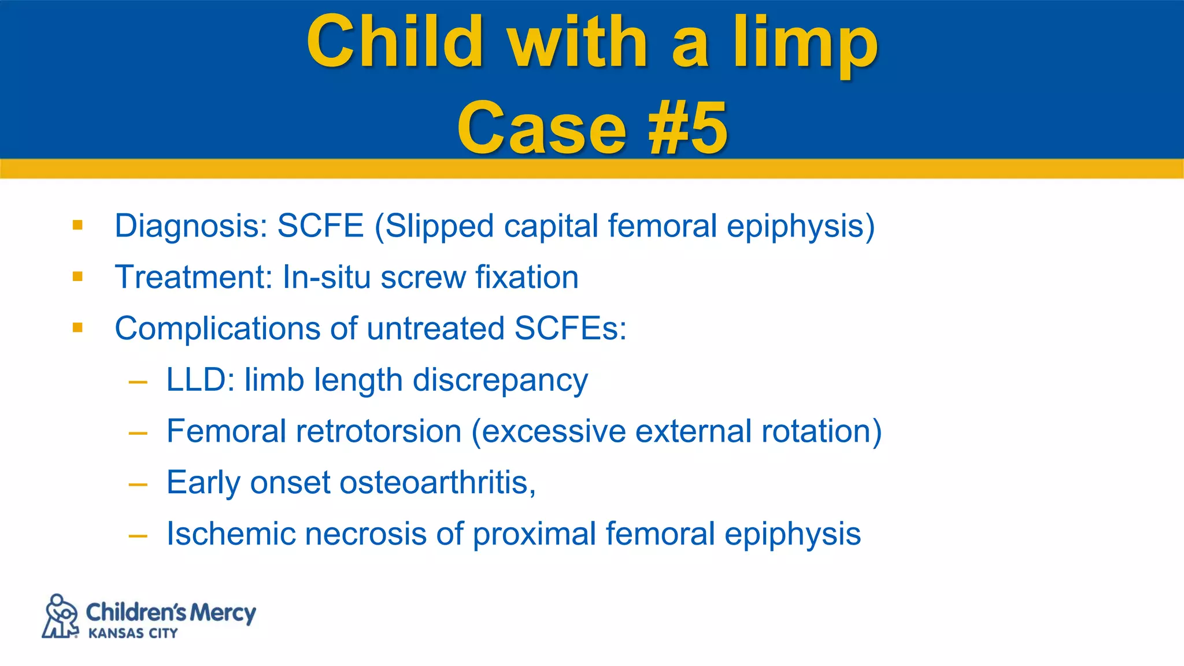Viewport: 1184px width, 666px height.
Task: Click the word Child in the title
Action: click(x=395, y=42)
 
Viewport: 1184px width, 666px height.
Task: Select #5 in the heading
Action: click(x=687, y=128)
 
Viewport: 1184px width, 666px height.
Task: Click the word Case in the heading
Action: click(x=542, y=128)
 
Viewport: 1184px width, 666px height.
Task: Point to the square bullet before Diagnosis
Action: click(x=78, y=225)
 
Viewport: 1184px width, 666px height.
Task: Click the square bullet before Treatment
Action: click(x=78, y=276)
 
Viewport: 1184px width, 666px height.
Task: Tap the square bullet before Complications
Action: click(x=78, y=328)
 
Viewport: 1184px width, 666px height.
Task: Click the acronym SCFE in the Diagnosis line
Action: click(x=320, y=225)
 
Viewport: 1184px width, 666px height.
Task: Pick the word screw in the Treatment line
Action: click(x=423, y=277)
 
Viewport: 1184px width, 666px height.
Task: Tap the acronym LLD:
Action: click(x=200, y=380)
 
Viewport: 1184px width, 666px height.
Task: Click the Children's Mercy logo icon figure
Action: click(x=60, y=616)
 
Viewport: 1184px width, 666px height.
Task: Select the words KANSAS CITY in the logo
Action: click(x=133, y=634)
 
